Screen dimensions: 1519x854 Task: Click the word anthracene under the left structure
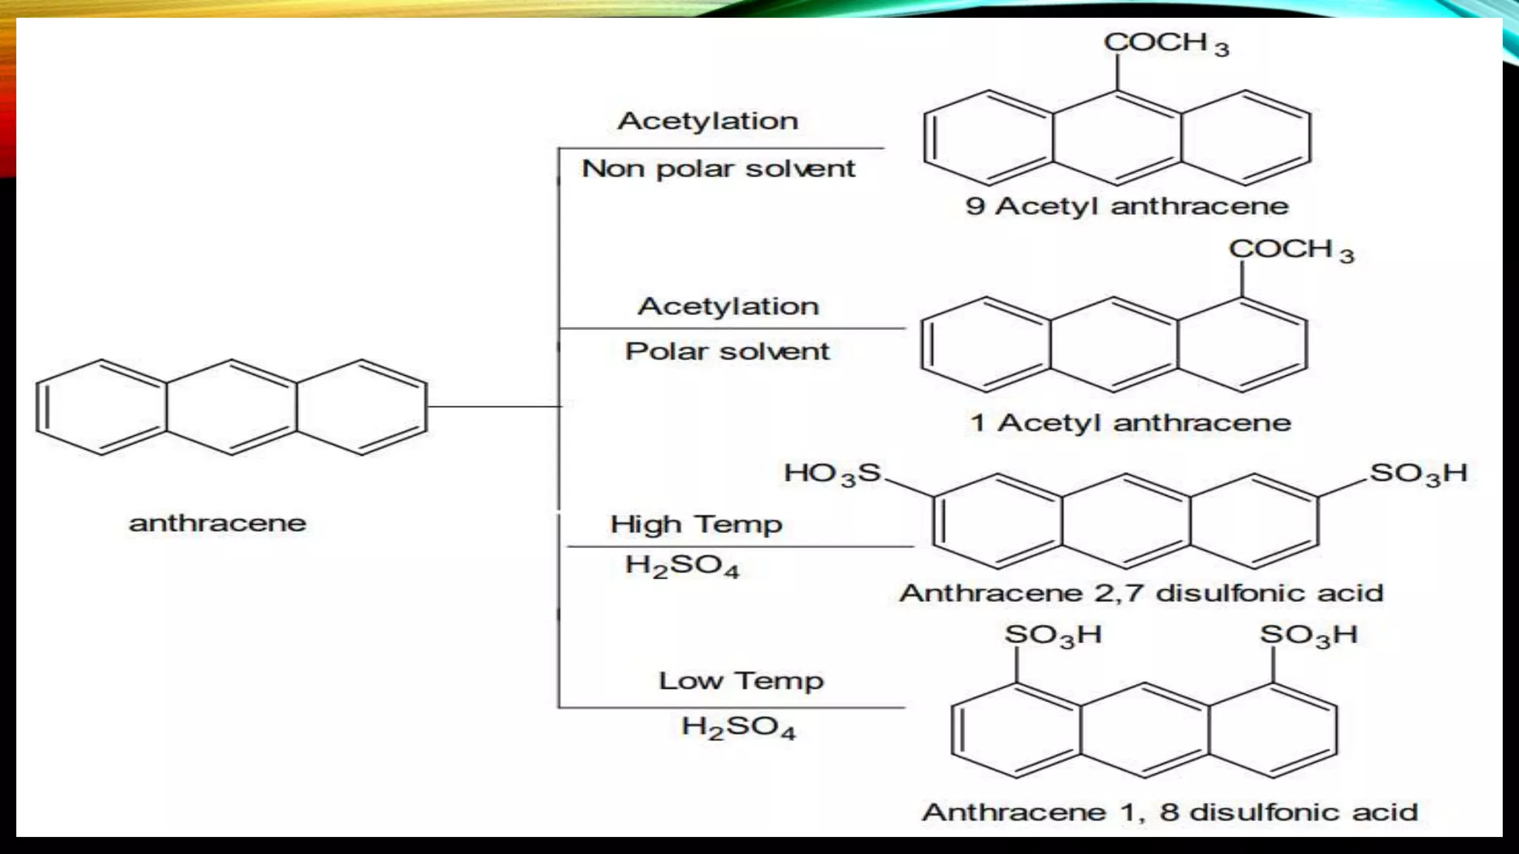[217, 523]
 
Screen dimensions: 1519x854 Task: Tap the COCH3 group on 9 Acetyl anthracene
[1165, 44]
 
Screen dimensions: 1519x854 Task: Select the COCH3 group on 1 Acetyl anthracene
[1291, 251]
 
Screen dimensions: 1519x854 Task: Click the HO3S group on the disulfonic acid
[832, 474]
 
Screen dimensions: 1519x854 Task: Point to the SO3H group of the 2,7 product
[1417, 474]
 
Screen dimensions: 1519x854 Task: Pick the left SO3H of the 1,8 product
[1052, 635]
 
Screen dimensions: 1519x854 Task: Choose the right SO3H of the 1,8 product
[1308, 635]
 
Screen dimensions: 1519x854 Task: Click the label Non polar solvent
[718, 169]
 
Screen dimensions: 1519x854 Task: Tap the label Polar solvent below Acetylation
[727, 351]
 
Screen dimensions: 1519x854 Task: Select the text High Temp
[696, 525]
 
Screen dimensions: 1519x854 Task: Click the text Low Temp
[741, 681]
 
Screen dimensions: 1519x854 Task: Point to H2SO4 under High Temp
[682, 566]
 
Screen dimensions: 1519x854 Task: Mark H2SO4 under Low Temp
[738, 727]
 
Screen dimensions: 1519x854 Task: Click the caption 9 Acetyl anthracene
[1127, 206]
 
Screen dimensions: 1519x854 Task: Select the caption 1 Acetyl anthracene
[1130, 423]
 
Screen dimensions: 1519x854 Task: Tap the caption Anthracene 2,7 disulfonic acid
[1141, 593]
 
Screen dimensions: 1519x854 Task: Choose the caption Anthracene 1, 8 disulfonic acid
[1170, 812]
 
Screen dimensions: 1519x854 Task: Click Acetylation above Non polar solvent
[708, 121]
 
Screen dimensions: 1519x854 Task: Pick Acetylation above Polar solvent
[728, 306]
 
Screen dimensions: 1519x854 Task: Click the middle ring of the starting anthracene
[231, 407]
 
